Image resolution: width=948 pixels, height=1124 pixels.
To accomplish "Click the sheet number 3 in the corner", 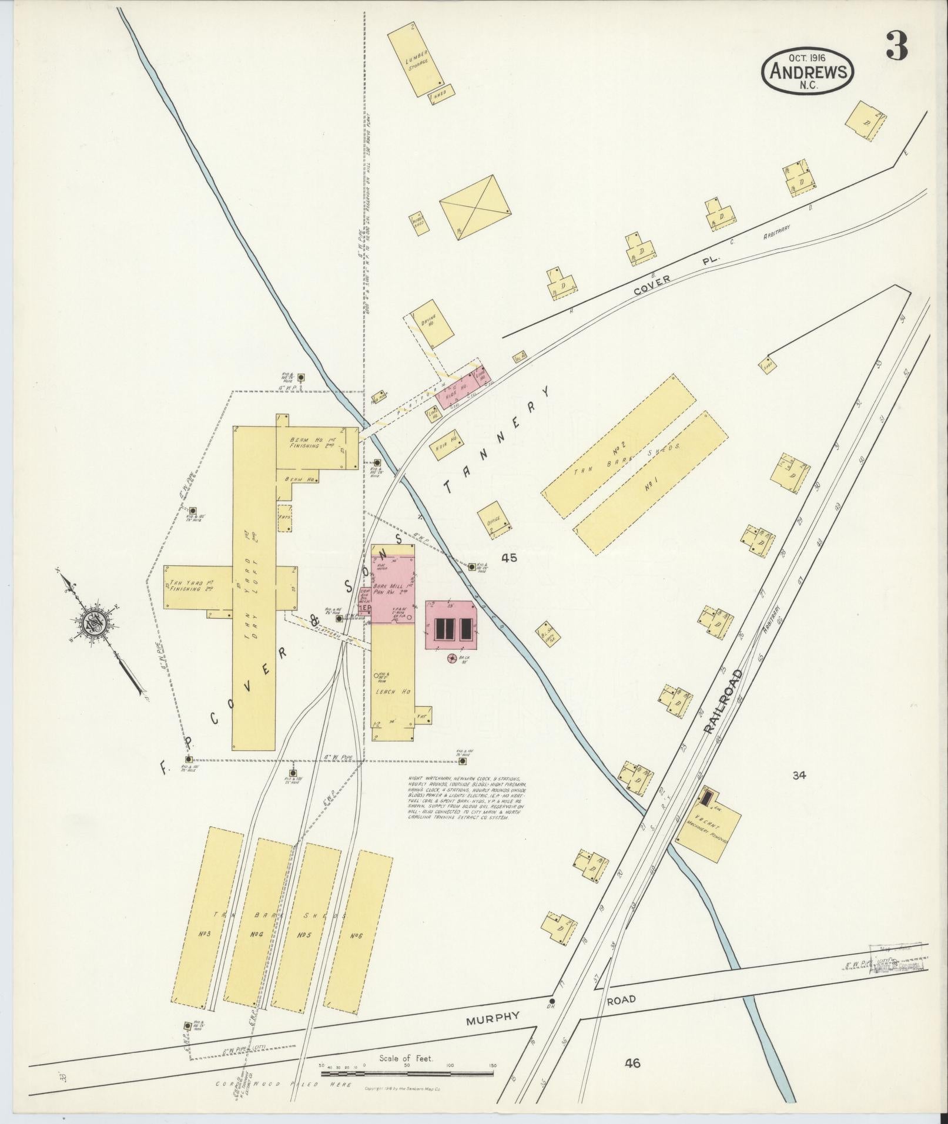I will tap(896, 45).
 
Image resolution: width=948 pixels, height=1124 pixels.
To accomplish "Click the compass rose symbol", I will tap(94, 623).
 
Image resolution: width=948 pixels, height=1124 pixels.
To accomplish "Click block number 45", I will tap(509, 558).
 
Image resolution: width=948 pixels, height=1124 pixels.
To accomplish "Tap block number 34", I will tap(798, 775).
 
